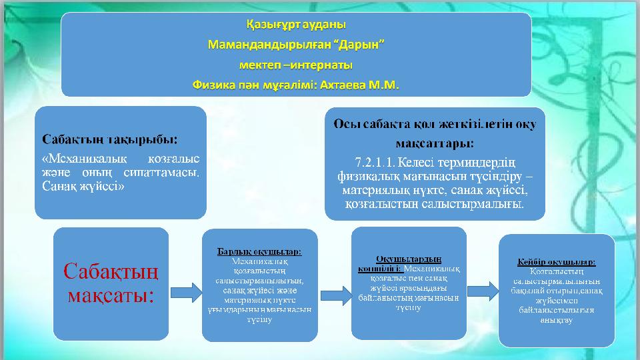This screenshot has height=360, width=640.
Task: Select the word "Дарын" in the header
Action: coord(359,45)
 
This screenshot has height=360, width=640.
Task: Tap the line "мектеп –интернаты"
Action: coord(296,65)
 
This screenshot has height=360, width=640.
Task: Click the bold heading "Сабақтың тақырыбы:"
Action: coord(110,139)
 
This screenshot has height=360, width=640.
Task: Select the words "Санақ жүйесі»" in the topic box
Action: coord(83,186)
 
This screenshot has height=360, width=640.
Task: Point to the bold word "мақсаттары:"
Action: coord(435,143)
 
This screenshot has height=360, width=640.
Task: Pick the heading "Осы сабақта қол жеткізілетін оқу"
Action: coord(435,124)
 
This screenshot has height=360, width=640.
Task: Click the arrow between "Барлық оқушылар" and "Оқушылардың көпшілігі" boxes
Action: coord(335,292)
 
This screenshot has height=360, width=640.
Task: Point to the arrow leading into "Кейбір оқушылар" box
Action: coord(483,290)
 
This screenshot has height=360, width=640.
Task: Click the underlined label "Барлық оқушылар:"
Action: coord(259,251)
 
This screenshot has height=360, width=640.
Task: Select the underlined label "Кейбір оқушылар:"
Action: coord(557,262)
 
